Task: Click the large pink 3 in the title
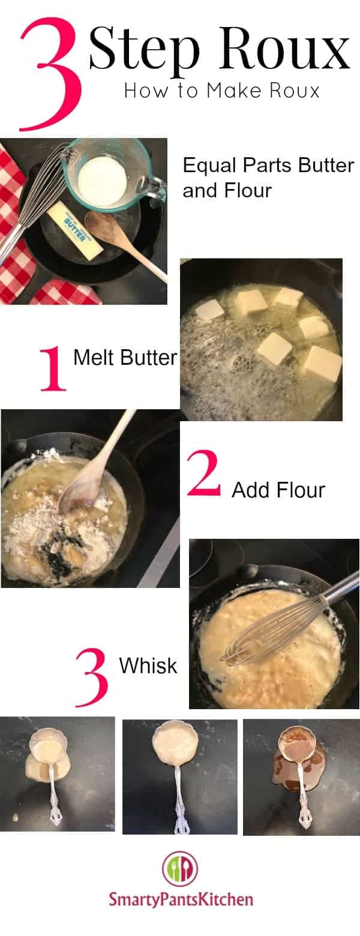(x=51, y=74)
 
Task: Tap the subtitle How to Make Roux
(x=222, y=91)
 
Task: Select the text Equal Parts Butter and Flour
(x=269, y=178)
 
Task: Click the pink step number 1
(x=53, y=368)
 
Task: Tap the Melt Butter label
(x=125, y=358)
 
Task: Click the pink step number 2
(x=203, y=474)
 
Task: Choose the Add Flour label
(x=278, y=490)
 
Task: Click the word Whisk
(x=148, y=665)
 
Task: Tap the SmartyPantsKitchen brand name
(x=181, y=899)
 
